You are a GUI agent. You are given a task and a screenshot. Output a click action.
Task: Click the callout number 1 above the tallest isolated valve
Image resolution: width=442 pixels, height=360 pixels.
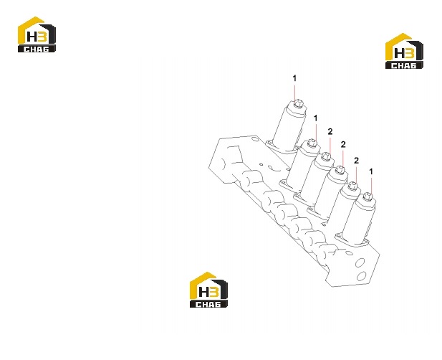(294, 78)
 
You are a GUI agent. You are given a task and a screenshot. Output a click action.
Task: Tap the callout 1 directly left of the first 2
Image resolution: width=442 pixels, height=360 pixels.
(315, 118)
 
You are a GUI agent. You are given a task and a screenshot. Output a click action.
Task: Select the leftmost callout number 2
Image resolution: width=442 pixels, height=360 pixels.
(330, 131)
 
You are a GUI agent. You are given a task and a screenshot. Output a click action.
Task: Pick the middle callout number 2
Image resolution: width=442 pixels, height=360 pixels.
(343, 144)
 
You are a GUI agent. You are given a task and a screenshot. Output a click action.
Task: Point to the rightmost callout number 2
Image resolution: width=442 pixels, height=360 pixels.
(356, 161)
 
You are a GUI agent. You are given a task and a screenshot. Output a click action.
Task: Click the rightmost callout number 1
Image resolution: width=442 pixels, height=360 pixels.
(371, 171)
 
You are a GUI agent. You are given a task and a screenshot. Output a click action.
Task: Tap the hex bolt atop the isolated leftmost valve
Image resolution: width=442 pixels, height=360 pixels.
(297, 104)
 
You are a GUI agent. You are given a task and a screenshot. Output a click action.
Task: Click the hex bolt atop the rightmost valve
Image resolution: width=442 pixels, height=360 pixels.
(367, 196)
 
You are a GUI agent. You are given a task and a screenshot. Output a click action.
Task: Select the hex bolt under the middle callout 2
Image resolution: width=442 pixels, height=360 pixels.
(339, 170)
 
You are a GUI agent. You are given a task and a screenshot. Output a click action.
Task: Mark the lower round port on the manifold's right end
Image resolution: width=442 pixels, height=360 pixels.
(362, 275)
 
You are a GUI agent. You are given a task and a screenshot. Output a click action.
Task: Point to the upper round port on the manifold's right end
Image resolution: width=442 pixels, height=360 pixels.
(360, 263)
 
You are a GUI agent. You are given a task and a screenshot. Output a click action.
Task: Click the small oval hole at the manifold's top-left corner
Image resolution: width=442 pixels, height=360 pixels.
(255, 139)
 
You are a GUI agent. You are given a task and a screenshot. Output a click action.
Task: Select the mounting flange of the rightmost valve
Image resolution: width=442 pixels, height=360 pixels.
(352, 240)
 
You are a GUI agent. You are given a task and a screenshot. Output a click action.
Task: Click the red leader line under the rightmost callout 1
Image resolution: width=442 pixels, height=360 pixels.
(371, 185)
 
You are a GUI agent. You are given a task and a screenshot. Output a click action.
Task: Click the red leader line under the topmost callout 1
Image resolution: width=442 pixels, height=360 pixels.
(295, 92)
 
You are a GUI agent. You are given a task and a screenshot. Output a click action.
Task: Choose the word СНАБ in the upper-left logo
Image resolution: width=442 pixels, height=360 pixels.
(37, 49)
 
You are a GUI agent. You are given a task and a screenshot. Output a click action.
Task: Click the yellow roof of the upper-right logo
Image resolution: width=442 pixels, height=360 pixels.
(398, 45)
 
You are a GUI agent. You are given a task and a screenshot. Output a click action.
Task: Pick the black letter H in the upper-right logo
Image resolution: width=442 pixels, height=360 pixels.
(399, 54)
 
